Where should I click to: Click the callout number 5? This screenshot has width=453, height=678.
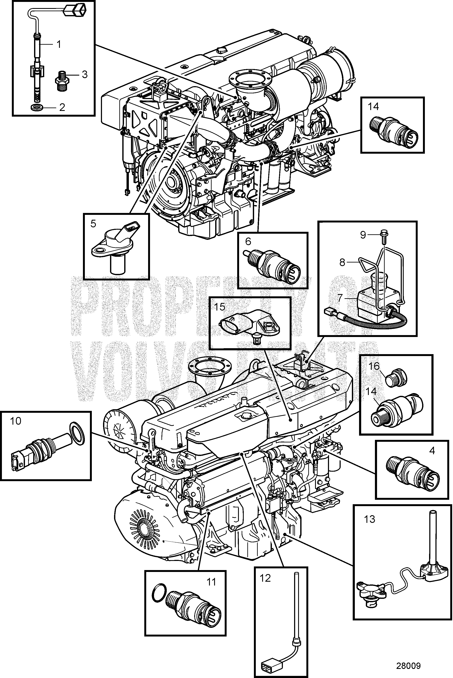click(93, 224)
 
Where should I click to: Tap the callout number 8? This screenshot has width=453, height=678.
click(342, 263)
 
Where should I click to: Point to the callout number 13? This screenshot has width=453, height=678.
click(369, 519)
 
